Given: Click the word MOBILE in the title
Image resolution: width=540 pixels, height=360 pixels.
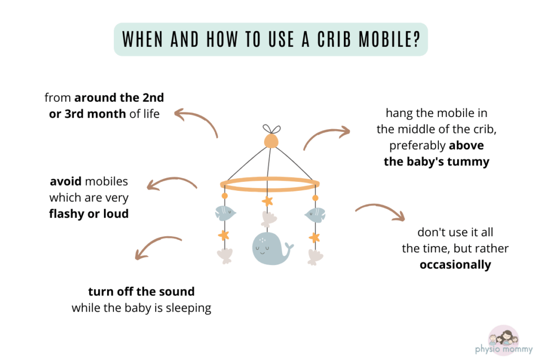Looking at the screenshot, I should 373,40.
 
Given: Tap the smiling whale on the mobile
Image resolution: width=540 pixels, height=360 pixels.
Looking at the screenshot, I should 268,247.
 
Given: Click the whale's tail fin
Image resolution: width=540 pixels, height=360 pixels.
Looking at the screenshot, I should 288,246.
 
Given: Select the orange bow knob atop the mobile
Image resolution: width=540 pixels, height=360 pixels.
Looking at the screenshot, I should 270,138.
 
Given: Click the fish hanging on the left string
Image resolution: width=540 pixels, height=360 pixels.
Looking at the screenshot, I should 225,213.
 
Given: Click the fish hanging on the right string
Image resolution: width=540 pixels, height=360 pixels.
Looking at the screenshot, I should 315,213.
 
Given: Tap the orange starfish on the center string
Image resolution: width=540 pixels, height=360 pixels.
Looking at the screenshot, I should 268,201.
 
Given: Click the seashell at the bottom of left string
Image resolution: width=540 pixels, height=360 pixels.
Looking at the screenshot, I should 224,256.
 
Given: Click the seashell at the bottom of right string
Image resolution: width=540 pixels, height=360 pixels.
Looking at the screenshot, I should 315,256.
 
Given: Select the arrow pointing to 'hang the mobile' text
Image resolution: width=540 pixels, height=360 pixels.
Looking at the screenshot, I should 326,136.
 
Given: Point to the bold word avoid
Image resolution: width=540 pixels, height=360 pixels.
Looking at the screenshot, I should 66,182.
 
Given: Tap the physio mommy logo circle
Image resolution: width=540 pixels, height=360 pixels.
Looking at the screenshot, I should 504,337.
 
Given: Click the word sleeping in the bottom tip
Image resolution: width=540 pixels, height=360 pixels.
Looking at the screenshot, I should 189,308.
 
